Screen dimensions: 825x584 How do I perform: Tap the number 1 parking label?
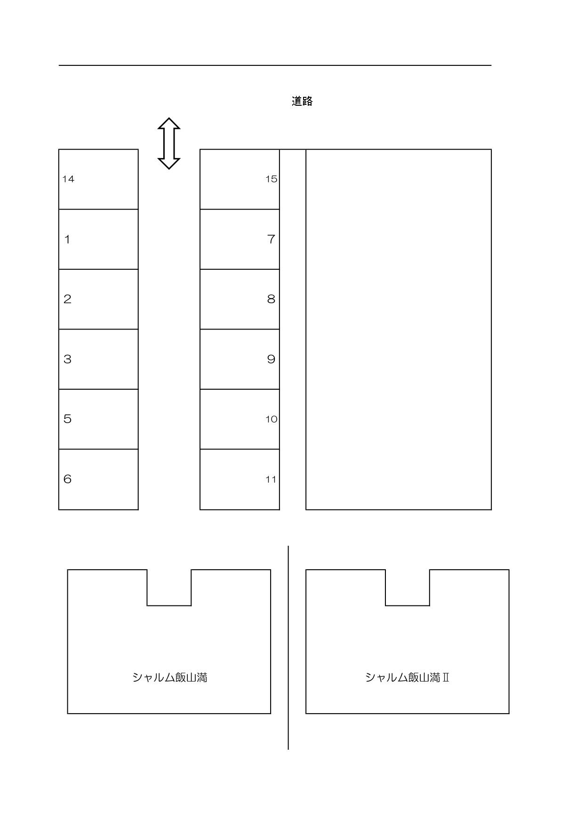(67, 239)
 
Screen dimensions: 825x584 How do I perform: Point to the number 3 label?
(67, 359)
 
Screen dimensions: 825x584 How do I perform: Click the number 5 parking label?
(67, 419)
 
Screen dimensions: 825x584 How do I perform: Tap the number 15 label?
(271, 179)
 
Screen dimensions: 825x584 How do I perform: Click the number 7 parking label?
(271, 239)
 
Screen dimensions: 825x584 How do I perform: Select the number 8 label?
(271, 299)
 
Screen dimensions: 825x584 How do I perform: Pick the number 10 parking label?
(271, 419)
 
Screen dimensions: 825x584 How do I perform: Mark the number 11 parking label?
(271, 479)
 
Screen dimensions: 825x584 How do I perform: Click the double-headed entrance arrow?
(168, 143)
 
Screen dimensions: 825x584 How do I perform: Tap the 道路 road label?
(302, 101)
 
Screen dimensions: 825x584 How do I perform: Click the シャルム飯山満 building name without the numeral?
(169, 677)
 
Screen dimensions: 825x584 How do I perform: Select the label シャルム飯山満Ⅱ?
(407, 677)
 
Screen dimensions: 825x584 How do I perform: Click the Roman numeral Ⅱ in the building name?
(446, 677)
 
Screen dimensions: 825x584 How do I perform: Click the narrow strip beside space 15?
(293, 179)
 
